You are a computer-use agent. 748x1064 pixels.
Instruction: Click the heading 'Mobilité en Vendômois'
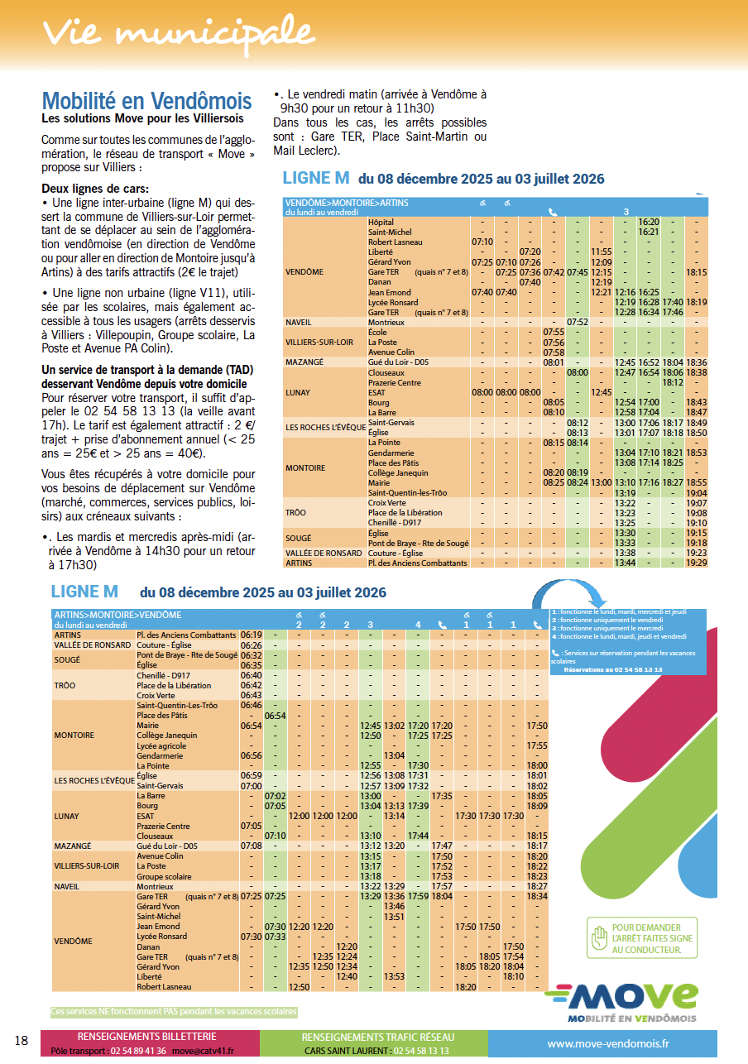[x=146, y=102]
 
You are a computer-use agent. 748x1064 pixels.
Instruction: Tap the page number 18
[x=22, y=1040]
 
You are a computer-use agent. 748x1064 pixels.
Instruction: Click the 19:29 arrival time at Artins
[x=697, y=563]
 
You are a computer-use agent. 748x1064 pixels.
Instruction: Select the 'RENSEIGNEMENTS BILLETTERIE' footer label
[x=146, y=1037]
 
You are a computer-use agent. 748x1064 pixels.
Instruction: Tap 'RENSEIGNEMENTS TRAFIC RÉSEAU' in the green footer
[x=377, y=1037]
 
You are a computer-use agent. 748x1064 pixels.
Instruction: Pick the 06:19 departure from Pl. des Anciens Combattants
[x=251, y=635]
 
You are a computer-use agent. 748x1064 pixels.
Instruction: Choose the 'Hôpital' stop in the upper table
[x=381, y=223]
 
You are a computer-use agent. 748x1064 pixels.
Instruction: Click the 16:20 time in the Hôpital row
[x=649, y=223]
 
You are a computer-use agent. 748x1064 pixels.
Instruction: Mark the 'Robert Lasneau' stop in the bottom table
[x=164, y=987]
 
